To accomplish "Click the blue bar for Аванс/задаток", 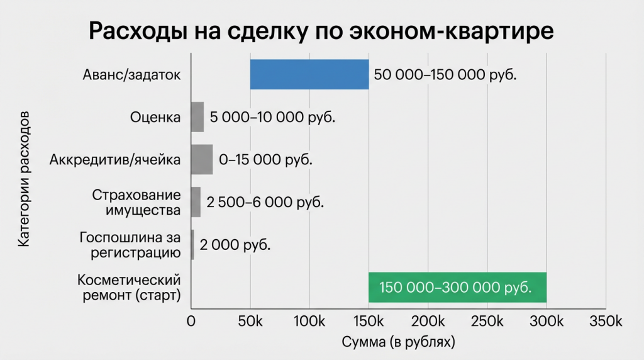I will pos(309,74).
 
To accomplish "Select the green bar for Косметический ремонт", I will pos(457,287).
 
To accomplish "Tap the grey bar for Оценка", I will pos(197,117).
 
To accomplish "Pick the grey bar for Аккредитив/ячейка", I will pos(202,159).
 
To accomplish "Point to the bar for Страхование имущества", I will pos(196,202).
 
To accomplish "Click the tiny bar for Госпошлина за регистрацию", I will pos(192,245).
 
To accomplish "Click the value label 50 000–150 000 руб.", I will pos(445,75).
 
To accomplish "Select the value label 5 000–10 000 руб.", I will pos(272,118).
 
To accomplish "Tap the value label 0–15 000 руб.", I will pos(265,160).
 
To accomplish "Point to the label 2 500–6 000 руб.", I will pos(265,203).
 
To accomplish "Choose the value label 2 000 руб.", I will pos(235,245).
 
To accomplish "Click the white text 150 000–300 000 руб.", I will pos(455,288).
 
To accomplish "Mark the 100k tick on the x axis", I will pos(309,321).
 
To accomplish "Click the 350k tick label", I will pos(605,321).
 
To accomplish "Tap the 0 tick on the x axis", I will pos(191,321).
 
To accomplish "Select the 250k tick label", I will pos(487,321).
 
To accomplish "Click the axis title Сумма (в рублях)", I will pos(397,342).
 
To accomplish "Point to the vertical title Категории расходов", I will pos(23,180).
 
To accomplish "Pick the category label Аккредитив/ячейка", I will pos(115,159).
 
